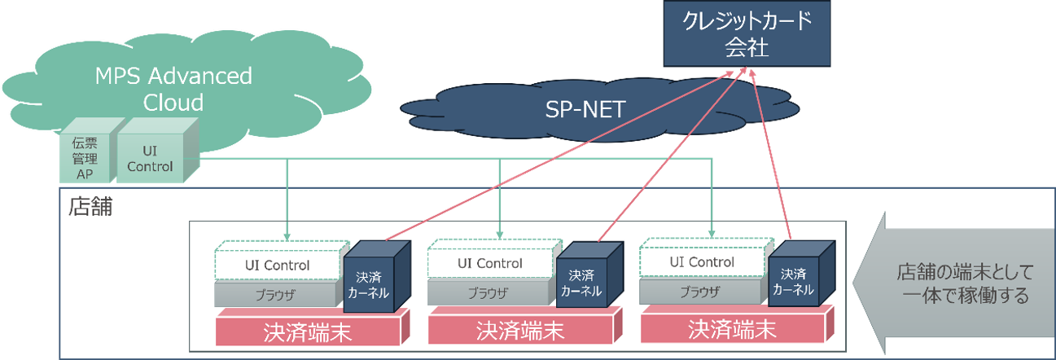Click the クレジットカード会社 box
pyautogui.click(x=747, y=33)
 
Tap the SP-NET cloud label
pyautogui.click(x=585, y=109)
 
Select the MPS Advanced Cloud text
pyautogui.click(x=173, y=89)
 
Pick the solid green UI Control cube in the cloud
pyautogui.click(x=157, y=151)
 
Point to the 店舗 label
pyautogui.click(x=90, y=206)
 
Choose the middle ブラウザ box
pyautogui.click(x=491, y=291)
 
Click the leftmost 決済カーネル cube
pyautogui.click(x=377, y=277)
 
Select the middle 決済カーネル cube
pyautogui.click(x=589, y=275)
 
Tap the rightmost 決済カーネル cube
pyautogui.click(x=801, y=274)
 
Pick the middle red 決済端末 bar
pyautogui.click(x=525, y=327)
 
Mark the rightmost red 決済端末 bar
pyautogui.click(x=737, y=325)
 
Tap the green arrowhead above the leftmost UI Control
pyautogui.click(x=287, y=236)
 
